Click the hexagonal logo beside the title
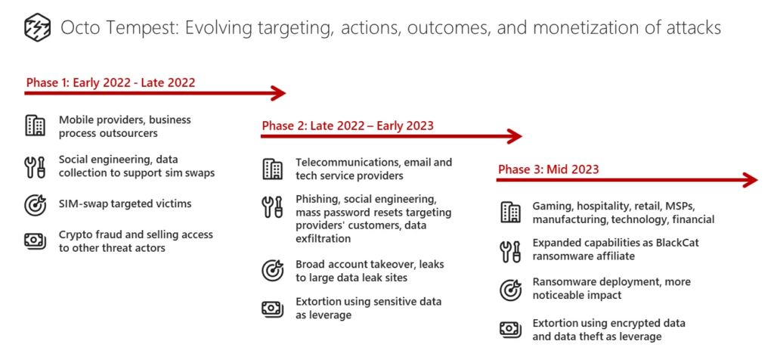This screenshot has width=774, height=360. [x=37, y=28]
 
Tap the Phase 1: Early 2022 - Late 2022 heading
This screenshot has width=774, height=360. [x=110, y=82]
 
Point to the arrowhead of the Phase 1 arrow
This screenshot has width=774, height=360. [x=279, y=93]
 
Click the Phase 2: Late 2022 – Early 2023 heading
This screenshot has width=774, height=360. [x=348, y=126]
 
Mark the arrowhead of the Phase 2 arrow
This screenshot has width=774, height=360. [x=515, y=136]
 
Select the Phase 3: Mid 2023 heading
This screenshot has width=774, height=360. [x=548, y=169]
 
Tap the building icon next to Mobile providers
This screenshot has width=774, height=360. [x=35, y=126]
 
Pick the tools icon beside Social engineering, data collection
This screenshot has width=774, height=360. [x=35, y=167]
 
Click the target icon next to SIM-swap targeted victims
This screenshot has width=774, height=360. [x=35, y=204]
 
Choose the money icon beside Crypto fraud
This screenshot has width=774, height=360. [x=35, y=241]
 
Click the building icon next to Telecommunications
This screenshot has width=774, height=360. [x=272, y=169]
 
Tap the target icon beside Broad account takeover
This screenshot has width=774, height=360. [x=272, y=271]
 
